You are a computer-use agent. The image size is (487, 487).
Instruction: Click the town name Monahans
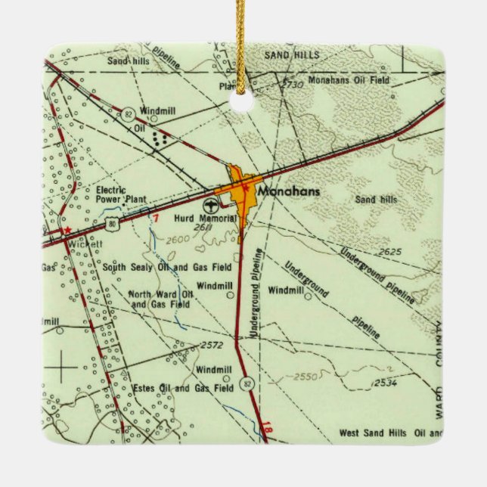click(x=288, y=192)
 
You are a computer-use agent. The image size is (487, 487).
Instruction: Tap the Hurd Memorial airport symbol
click(x=210, y=205)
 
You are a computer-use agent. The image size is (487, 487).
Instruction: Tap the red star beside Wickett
click(x=67, y=228)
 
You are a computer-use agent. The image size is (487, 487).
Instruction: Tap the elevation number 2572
click(x=214, y=345)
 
